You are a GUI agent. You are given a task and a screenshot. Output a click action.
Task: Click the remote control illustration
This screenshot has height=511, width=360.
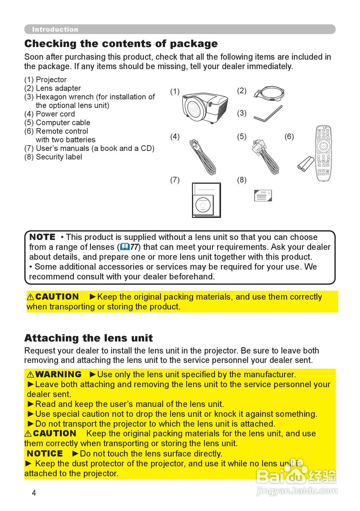tap(324, 153)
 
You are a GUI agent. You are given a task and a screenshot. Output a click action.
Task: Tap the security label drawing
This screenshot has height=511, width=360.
tap(263, 195)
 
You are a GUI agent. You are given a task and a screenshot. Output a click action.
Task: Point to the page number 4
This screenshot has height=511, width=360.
tap(34, 493)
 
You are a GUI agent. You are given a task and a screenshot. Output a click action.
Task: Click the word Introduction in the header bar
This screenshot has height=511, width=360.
tap(55, 30)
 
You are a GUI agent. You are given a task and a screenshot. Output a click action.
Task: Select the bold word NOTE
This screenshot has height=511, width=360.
tap(42, 237)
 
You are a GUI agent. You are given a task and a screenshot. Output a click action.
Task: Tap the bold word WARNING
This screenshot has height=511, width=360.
tap(58, 374)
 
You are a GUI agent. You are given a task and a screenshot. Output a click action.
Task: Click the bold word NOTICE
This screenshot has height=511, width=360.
tap(45, 454)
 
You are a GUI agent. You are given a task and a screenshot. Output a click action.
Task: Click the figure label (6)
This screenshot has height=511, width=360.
tap(289, 137)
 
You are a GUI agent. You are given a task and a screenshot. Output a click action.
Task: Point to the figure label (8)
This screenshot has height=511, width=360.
tap(241, 180)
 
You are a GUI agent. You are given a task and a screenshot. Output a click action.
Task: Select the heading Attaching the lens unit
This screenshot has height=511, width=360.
tap(88, 338)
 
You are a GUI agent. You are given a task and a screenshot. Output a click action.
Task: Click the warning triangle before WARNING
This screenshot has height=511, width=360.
tap(30, 374)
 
